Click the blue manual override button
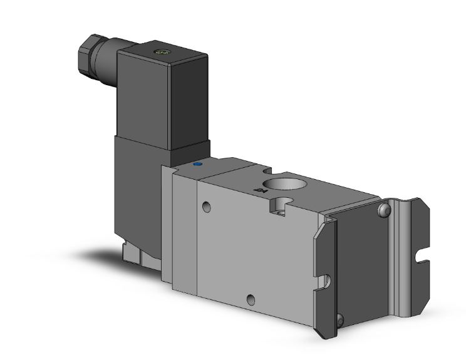[199, 165]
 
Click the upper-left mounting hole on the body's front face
[206, 207]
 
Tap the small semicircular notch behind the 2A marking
[267, 170]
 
